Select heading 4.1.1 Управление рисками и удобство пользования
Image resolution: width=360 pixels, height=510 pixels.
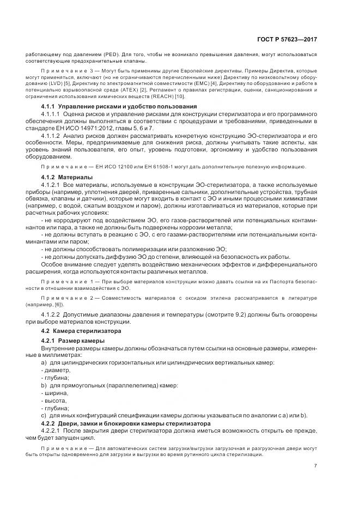112,106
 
